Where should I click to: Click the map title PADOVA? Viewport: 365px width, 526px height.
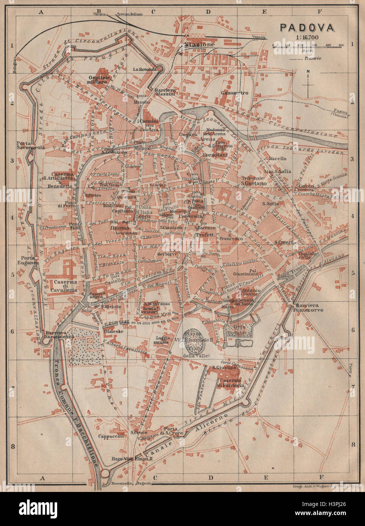tap(307, 28)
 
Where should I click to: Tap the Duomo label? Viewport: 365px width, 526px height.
tap(120, 228)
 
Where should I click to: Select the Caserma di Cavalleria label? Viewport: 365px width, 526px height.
tap(65, 286)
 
